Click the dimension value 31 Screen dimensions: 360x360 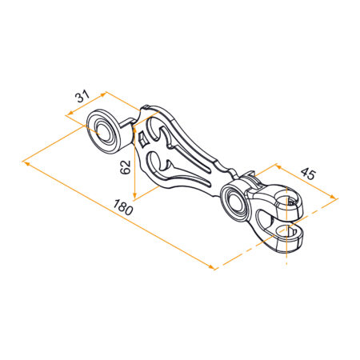[x=82, y=97]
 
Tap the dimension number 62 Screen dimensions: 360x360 [x=126, y=167]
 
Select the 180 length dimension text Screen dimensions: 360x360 [x=122, y=207]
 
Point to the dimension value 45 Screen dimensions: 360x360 [x=308, y=174]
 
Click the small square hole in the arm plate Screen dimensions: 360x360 [x=143, y=139]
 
